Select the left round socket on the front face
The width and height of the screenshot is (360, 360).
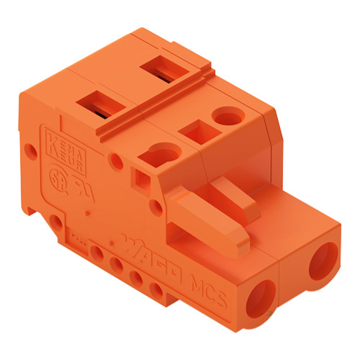tap(261, 295)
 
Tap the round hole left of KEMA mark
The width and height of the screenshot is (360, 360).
tap(30, 151)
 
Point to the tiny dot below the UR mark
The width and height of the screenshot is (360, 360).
tap(87, 214)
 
